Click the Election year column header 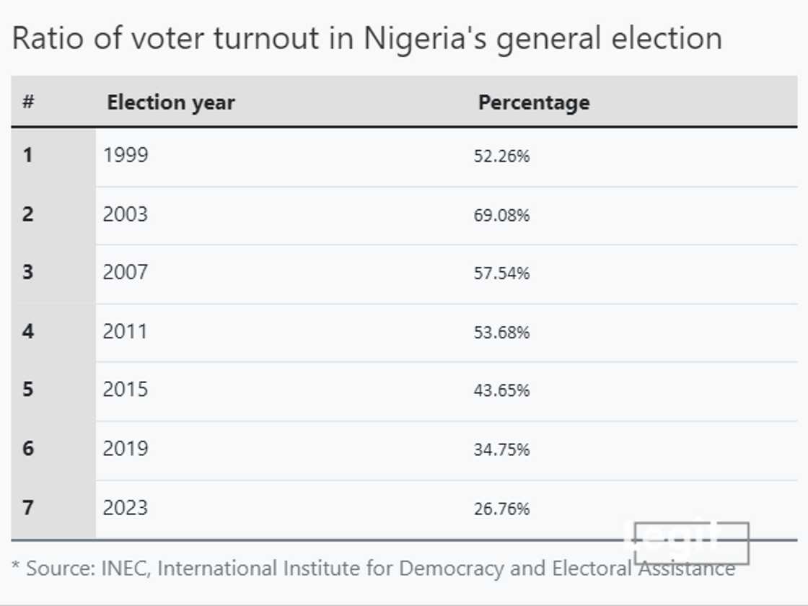pyautogui.click(x=170, y=102)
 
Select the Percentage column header pyautogui.click(x=533, y=102)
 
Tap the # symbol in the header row pyautogui.click(x=28, y=102)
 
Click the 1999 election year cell pyautogui.click(x=126, y=155)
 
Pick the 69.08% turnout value pyautogui.click(x=501, y=215)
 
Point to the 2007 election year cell pyautogui.click(x=126, y=273)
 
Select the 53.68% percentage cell pyautogui.click(x=501, y=332)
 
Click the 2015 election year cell pyautogui.click(x=126, y=390)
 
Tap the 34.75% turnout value pyautogui.click(x=501, y=449)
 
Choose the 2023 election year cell pyautogui.click(x=126, y=508)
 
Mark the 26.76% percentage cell pyautogui.click(x=501, y=509)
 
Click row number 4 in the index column pyautogui.click(x=27, y=332)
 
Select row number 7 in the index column pyautogui.click(x=27, y=508)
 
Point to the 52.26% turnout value pyautogui.click(x=501, y=156)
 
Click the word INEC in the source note pyautogui.click(x=122, y=568)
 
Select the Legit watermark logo pyautogui.click(x=690, y=542)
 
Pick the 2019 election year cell pyautogui.click(x=126, y=449)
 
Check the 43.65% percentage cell pyautogui.click(x=501, y=390)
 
